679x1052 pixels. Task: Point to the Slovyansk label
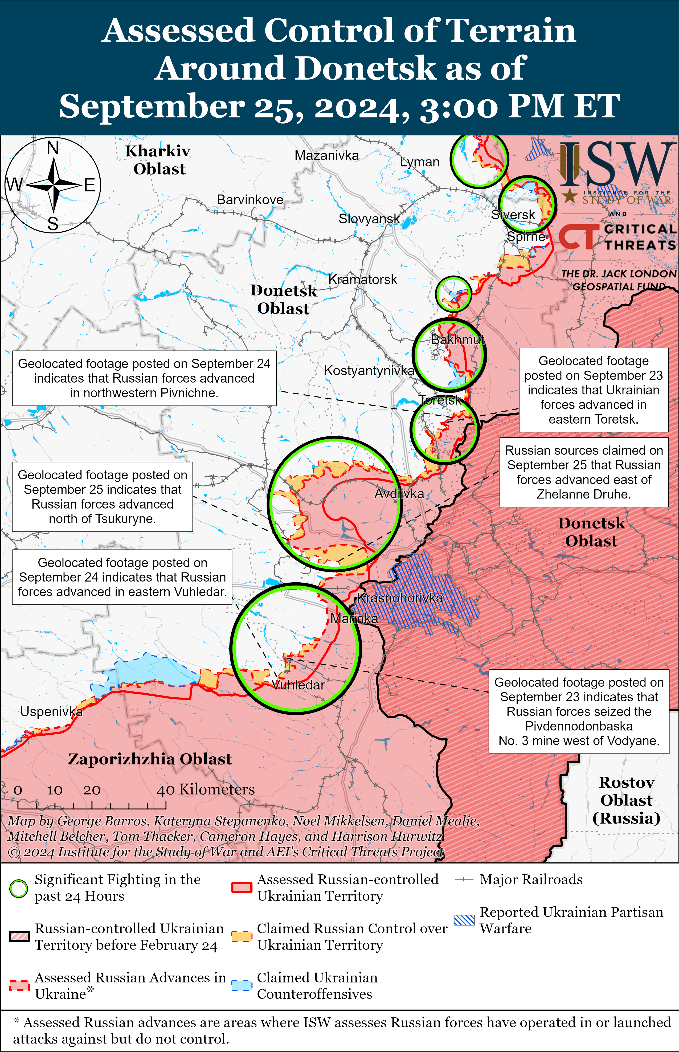click(x=369, y=219)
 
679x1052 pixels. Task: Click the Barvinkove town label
click(x=250, y=200)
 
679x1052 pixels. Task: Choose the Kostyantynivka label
click(x=369, y=371)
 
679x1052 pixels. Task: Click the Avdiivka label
click(x=399, y=494)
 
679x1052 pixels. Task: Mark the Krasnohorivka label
click(x=399, y=598)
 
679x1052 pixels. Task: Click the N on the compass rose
click(x=53, y=148)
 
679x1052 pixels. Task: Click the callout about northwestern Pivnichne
click(x=144, y=378)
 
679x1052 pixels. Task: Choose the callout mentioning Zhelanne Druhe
click(x=584, y=472)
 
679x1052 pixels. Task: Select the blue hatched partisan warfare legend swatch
click(x=464, y=920)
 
